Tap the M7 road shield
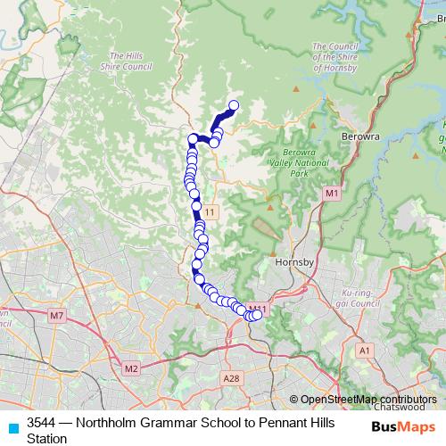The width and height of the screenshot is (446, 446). (58, 316)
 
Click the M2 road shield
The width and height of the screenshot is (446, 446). (131, 368)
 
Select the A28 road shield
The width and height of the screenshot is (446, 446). (232, 378)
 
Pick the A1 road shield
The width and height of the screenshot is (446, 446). (364, 351)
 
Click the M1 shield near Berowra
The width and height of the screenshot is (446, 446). (332, 194)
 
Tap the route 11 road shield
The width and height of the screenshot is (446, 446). (210, 211)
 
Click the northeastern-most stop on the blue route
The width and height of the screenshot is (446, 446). (235, 106)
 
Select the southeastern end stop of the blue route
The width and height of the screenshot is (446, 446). (258, 314)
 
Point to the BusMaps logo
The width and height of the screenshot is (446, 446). (404, 427)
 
